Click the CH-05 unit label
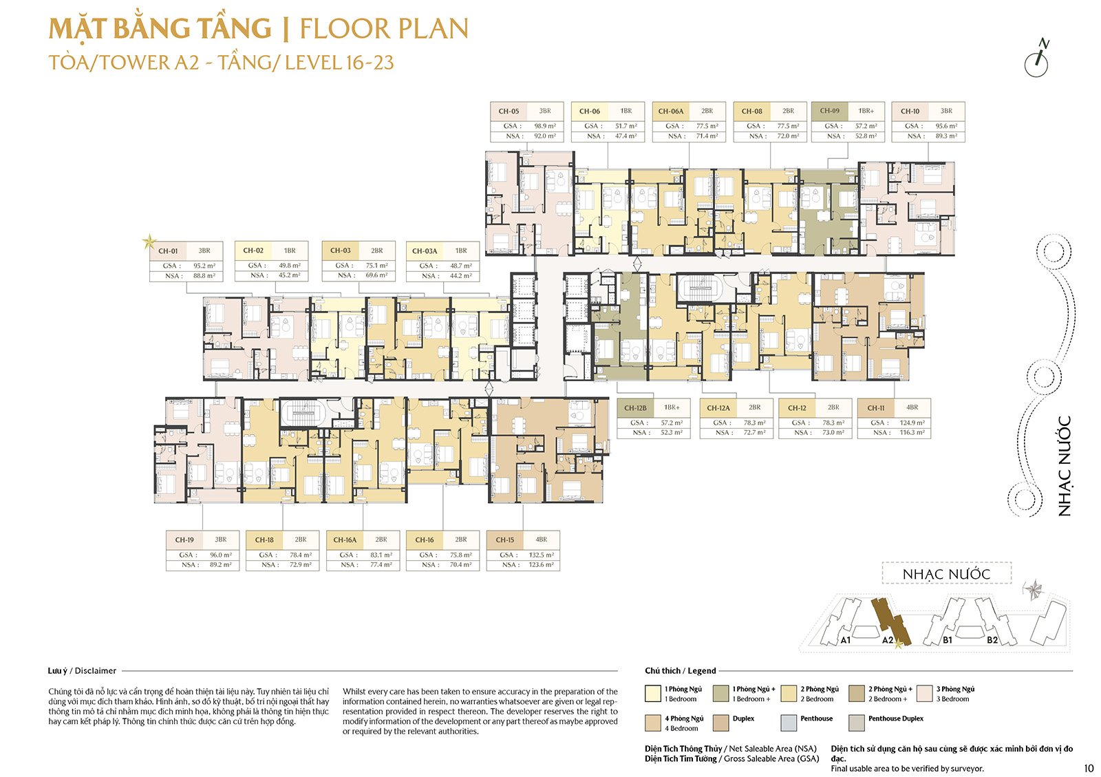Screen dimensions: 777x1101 pos(509,111)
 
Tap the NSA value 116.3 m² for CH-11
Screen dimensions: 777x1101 pos(912,433)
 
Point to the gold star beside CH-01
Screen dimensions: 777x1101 pos(149,242)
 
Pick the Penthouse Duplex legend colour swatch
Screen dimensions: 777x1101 pos(857,723)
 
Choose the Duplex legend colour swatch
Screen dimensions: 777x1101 pos(721,723)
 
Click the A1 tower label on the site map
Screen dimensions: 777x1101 pos(846,640)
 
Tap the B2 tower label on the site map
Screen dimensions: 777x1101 pos(992,640)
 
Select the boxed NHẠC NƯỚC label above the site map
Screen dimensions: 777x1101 pos(946,574)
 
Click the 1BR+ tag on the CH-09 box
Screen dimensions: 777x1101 pos(866,111)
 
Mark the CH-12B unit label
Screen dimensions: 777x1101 pos(635,408)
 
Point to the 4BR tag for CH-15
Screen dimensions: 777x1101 pos(542,540)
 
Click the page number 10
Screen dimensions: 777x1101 pos(1088,769)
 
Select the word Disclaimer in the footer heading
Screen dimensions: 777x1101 pos(96,671)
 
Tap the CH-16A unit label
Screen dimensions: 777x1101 pos(345,540)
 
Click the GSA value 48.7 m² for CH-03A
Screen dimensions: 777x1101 pos(461,266)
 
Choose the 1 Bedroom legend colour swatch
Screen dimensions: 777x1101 pos(653,693)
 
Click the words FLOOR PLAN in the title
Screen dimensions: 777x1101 pos(384,29)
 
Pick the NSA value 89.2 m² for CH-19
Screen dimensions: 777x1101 pos(220,565)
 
